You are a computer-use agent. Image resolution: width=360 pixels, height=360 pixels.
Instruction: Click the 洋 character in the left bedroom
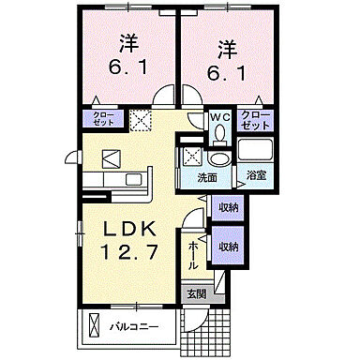[x=129, y=42]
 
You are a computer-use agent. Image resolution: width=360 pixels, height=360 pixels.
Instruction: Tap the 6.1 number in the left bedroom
[x=129, y=70]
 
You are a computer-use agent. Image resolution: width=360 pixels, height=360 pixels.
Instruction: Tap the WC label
[x=218, y=117]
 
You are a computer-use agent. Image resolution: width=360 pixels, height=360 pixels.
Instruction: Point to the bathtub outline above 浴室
[x=254, y=150]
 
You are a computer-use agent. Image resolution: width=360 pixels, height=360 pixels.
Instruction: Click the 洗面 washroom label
[x=207, y=176]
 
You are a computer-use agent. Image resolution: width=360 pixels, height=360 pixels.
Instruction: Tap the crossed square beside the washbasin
[x=190, y=156]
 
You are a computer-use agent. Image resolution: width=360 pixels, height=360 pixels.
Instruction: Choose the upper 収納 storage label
[x=228, y=208]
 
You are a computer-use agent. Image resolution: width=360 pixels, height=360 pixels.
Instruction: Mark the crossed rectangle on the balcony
[x=93, y=327]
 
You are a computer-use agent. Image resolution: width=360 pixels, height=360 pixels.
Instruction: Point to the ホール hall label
[x=192, y=253]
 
